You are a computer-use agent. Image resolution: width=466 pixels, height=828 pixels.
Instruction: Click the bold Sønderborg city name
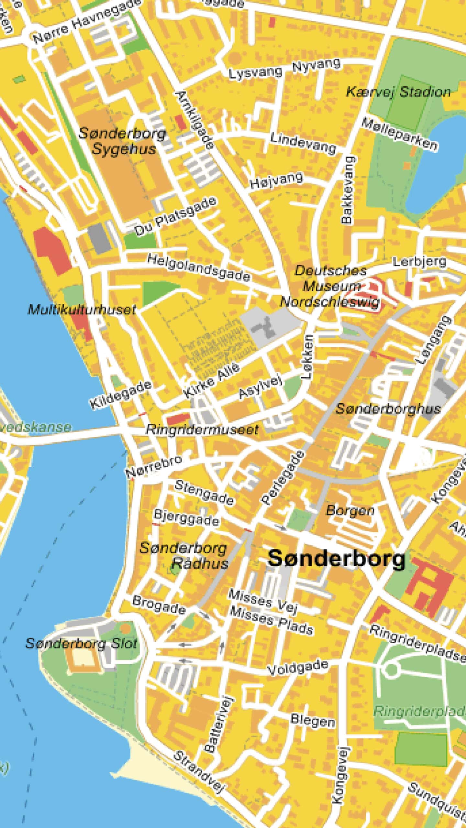tap(337, 559)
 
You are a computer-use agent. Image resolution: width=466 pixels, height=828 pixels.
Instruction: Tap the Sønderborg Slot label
tap(81, 643)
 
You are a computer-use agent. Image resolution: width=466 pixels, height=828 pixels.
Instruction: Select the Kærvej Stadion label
tap(398, 92)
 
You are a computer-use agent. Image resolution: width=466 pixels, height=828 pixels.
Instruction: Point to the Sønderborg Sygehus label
tap(122, 141)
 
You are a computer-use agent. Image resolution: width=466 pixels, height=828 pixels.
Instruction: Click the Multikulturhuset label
tap(81, 310)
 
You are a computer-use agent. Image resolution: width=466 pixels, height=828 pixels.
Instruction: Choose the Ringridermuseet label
tap(202, 430)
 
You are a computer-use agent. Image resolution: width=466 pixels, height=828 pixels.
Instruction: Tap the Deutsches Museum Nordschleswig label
tap(330, 287)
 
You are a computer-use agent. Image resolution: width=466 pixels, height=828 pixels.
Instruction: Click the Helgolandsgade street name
tap(199, 267)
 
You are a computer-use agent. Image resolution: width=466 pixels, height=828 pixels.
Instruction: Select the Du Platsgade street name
tap(175, 216)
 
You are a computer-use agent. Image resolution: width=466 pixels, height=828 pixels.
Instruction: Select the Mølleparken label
tap(399, 134)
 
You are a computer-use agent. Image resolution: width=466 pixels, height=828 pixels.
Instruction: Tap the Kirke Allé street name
tap(212, 381)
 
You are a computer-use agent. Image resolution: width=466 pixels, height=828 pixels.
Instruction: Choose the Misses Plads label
tap(271, 620)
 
